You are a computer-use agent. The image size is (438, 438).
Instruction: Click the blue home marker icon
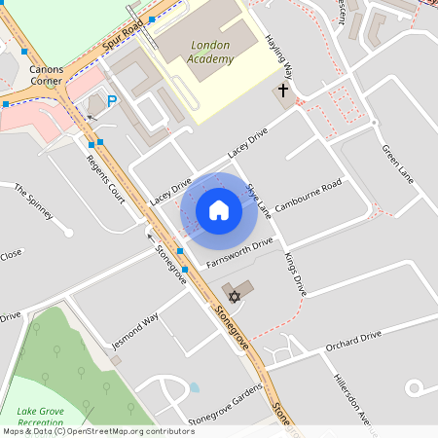(219, 209)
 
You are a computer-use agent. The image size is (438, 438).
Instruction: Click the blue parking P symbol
(112, 100)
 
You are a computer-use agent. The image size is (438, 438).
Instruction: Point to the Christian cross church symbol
(283, 91)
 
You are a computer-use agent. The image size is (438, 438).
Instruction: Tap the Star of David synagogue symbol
(233, 294)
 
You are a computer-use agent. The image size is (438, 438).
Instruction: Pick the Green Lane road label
(397, 164)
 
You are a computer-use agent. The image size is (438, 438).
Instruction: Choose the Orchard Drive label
(353, 342)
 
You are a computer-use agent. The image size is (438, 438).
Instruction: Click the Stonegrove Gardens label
(226, 404)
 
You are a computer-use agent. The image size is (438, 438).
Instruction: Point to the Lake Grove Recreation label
(40, 418)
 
